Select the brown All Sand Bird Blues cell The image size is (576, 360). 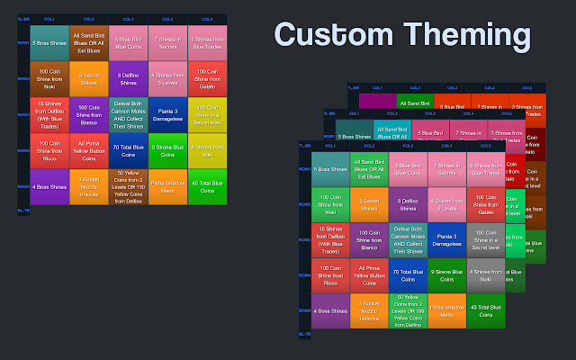(x=88, y=40)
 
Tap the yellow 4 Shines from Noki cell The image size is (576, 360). (x=206, y=151)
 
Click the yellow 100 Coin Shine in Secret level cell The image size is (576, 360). (x=206, y=114)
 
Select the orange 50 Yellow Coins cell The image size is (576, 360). (x=128, y=188)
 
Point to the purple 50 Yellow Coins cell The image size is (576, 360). (x=409, y=311)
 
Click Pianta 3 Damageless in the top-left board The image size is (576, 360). (x=167, y=114)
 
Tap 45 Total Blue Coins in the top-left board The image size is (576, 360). (x=206, y=188)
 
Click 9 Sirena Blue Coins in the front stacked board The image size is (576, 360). (x=447, y=277)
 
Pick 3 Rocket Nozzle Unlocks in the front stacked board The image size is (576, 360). (x=369, y=311)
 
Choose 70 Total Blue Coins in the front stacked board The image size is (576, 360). (x=409, y=277)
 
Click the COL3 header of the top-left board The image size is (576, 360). (x=128, y=18)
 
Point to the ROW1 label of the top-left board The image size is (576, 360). (x=22, y=40)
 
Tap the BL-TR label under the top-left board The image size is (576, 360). (x=23, y=210)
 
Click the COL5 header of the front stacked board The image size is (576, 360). (x=486, y=145)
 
